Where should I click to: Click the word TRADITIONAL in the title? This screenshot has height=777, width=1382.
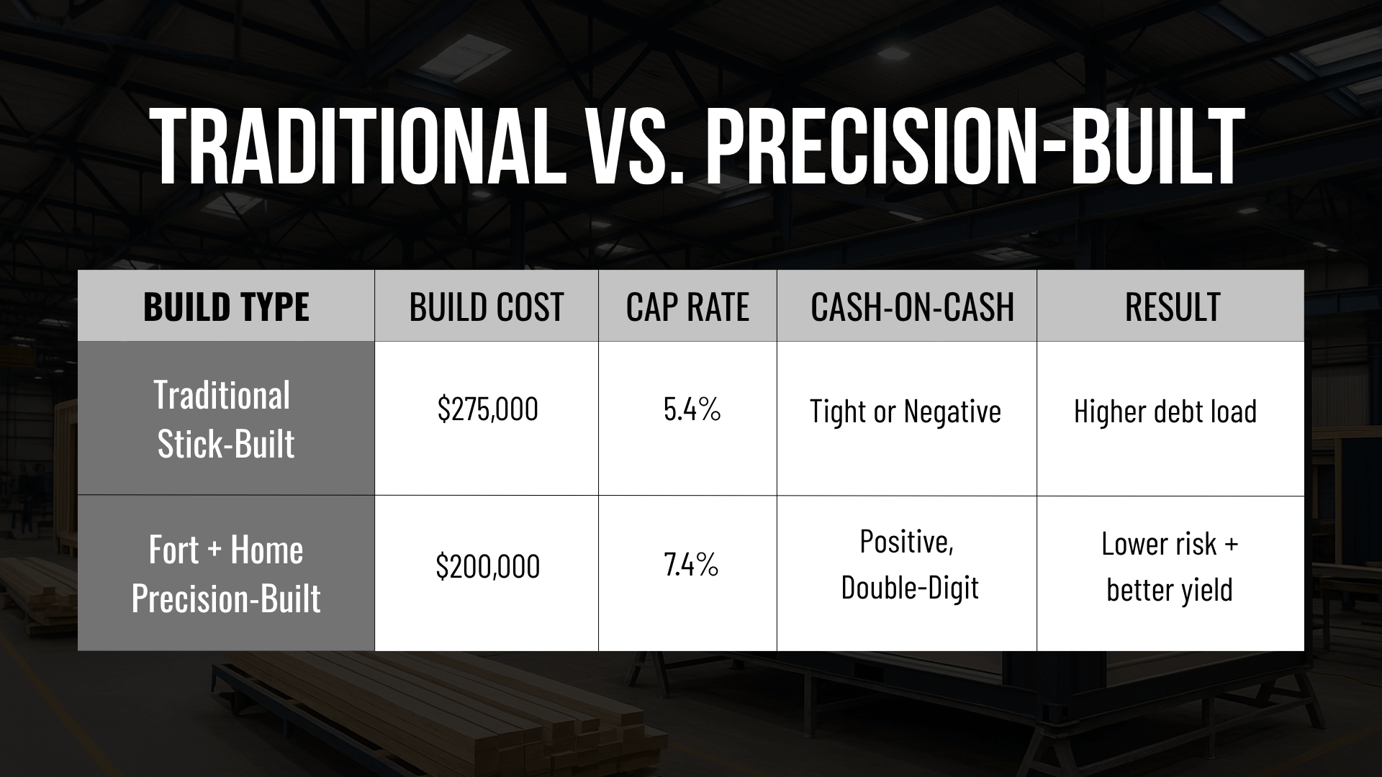click(x=356, y=148)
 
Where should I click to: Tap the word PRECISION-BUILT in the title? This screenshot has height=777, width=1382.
click(x=974, y=148)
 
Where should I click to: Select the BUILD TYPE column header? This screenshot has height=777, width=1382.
click(x=226, y=307)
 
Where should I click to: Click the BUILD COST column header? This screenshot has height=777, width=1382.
click(x=487, y=307)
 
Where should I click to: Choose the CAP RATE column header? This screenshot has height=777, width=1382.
click(x=687, y=307)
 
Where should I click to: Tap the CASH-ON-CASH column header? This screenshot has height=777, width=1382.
click(x=912, y=307)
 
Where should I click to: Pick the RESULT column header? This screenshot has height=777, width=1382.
click(x=1173, y=307)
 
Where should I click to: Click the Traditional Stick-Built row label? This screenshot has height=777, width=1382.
click(x=225, y=419)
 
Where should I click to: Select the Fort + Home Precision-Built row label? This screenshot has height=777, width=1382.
click(x=225, y=573)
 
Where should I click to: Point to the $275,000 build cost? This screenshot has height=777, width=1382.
click(x=487, y=409)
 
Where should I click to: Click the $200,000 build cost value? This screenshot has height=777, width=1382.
click(x=487, y=566)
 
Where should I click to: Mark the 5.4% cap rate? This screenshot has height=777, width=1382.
click(x=692, y=409)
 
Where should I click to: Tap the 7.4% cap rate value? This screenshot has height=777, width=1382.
click(x=691, y=565)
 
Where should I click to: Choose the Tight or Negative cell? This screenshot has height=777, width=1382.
click(x=905, y=412)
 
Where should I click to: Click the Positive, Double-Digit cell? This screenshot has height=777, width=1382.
click(x=910, y=565)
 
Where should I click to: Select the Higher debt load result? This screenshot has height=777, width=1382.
click(x=1165, y=412)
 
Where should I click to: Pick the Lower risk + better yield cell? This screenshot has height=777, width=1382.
click(x=1170, y=566)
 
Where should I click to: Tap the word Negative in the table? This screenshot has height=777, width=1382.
click(x=952, y=412)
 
